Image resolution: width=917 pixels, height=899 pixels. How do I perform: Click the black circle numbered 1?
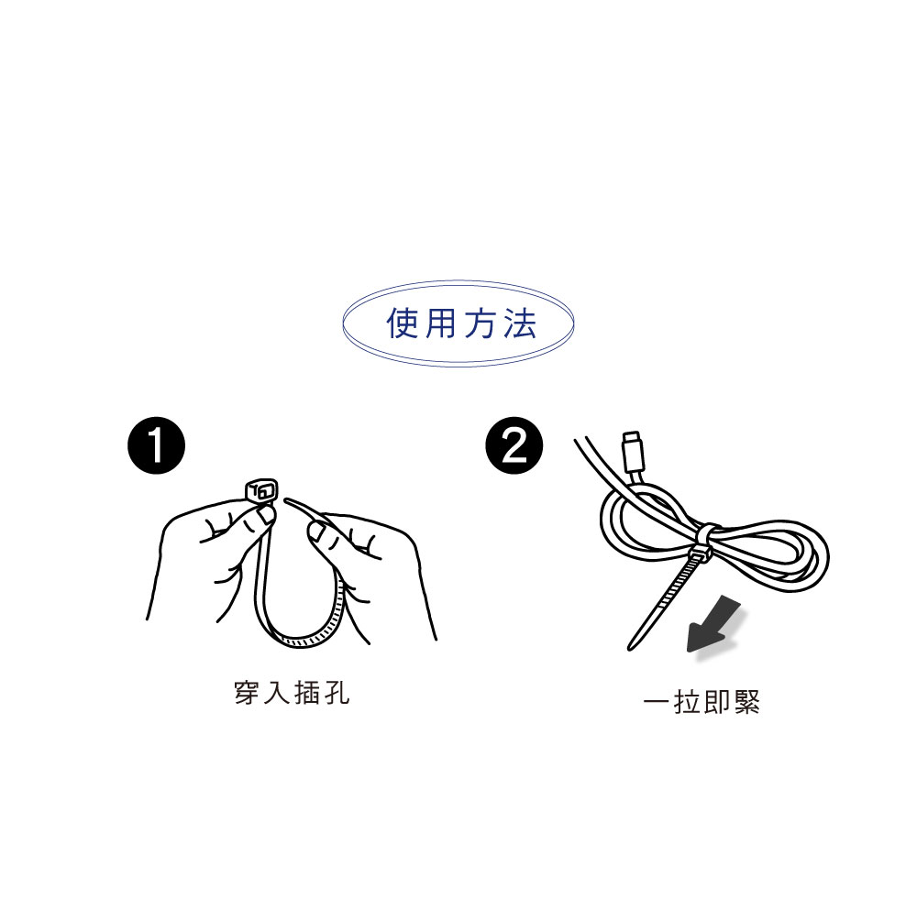[156, 445]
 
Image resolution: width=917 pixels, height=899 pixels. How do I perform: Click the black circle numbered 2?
[514, 445]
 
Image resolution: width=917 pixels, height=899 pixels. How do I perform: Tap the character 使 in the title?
[403, 323]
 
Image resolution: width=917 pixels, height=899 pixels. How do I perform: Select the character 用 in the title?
[441, 323]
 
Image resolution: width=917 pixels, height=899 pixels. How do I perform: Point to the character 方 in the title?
[481, 323]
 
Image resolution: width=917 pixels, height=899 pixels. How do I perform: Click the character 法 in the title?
[520, 323]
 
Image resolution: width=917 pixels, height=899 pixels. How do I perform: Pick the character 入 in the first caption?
[276, 693]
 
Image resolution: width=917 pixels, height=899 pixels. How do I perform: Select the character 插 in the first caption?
[306, 693]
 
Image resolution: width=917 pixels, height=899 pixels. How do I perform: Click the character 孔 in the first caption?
[337, 693]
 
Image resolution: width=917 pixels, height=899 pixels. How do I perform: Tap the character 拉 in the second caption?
[687, 701]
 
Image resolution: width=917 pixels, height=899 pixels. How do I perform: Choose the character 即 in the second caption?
[717, 701]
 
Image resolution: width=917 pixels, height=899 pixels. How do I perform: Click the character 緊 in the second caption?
[747, 701]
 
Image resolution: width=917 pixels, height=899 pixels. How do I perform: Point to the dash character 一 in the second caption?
[657, 701]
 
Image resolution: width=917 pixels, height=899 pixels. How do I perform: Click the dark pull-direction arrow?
[713, 624]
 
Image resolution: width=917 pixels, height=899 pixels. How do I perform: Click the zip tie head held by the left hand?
[260, 490]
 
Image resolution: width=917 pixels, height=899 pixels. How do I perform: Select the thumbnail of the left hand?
[266, 514]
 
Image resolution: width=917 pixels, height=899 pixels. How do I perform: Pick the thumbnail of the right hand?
[316, 532]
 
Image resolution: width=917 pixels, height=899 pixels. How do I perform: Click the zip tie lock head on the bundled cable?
[700, 554]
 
